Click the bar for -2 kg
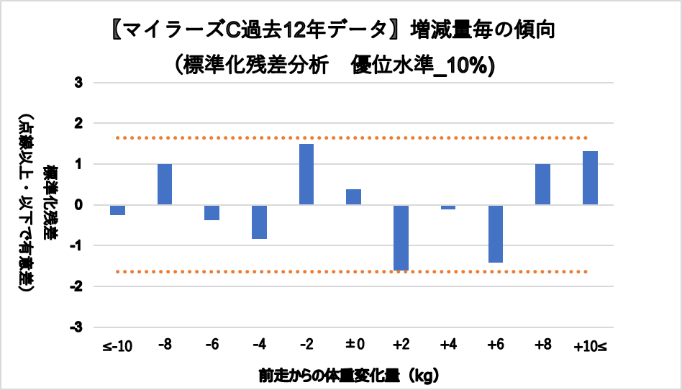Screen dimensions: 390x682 306,175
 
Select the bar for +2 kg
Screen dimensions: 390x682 401,237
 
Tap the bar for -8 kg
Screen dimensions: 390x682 165,185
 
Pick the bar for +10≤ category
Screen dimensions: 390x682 590,178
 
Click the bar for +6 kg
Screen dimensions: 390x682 495,234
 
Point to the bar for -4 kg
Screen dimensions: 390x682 259,222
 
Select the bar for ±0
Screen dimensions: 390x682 353,197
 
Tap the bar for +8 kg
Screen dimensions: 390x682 542,185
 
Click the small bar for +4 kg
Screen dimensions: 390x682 448,207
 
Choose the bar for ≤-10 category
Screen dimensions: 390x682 118,210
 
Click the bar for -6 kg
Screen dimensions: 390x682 212,212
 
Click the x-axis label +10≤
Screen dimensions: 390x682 590,347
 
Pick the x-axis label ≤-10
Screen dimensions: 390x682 118,347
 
